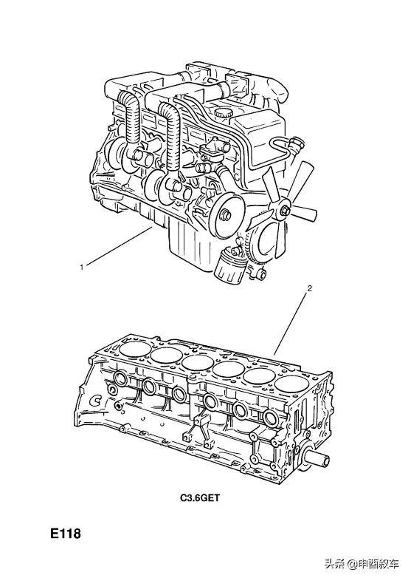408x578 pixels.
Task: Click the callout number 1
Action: [x=82, y=267]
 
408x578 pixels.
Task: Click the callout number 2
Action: [x=309, y=288]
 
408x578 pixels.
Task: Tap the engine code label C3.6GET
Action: [x=200, y=498]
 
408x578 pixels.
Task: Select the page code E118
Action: [x=66, y=534]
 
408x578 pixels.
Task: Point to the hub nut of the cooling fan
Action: [x=286, y=211]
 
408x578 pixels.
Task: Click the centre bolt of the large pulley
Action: [x=225, y=215]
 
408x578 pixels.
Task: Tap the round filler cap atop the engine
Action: [x=224, y=112]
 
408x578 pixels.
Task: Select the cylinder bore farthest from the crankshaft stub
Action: [x=135, y=348]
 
